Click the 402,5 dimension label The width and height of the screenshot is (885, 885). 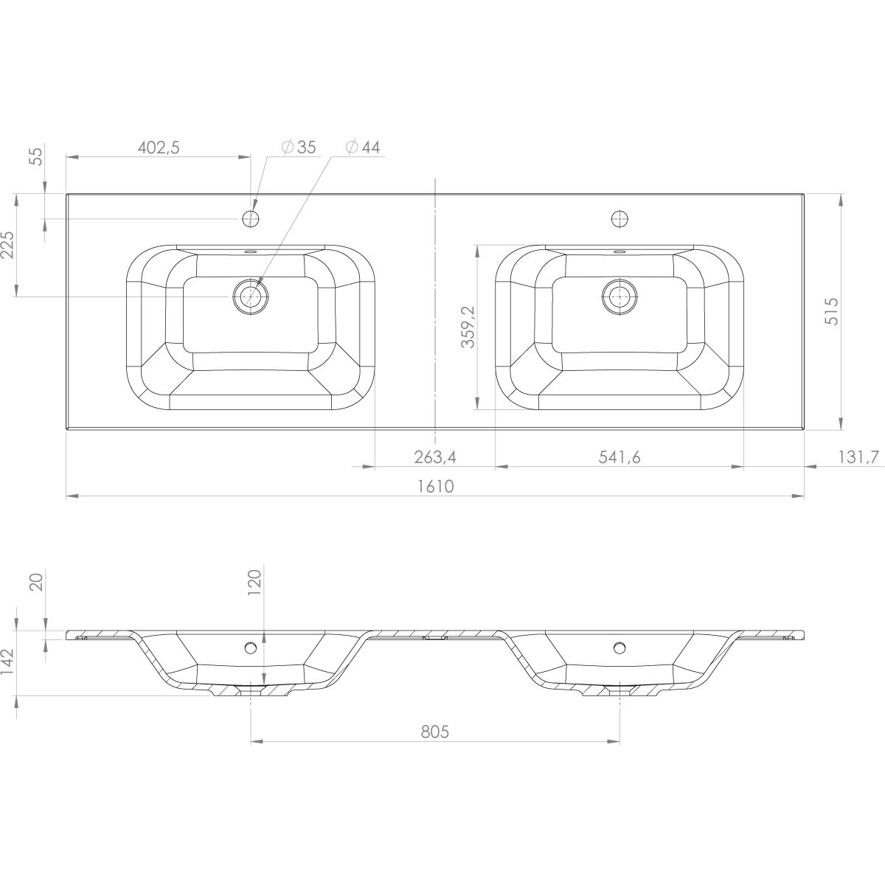(x=159, y=147)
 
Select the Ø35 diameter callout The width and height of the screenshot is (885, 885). (x=299, y=147)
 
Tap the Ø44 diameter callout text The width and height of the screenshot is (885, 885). (x=363, y=147)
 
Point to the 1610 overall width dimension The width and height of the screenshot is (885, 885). (x=435, y=486)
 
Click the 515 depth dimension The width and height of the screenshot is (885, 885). (x=832, y=312)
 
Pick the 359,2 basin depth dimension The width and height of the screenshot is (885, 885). (x=468, y=327)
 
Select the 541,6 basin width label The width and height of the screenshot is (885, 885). (x=619, y=457)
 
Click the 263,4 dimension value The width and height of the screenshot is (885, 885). (x=435, y=457)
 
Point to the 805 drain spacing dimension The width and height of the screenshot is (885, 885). (x=435, y=732)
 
